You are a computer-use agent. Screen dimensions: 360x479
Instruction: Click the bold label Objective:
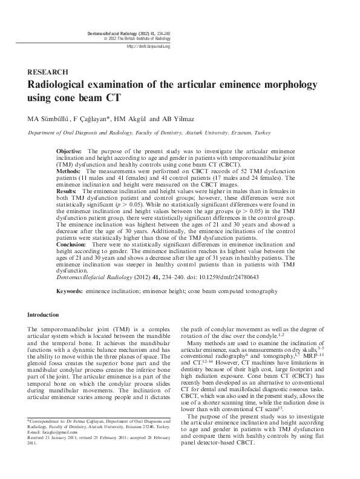pyautogui.click(x=70, y=150)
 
